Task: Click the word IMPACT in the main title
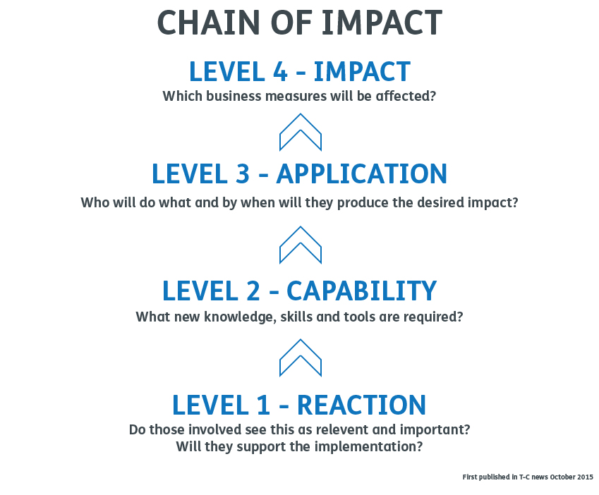[x=382, y=23]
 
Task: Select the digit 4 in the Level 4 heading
[x=280, y=71]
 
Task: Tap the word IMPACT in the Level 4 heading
[x=362, y=71]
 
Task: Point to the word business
[x=234, y=96]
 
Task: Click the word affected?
[x=406, y=96]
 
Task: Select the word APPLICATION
[x=361, y=174]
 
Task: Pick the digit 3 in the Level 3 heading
[x=243, y=174]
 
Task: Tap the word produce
[x=363, y=202]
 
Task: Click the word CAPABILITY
[x=361, y=291]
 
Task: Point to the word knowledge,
[x=241, y=317]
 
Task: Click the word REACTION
[x=361, y=405]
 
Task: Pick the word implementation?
[x=369, y=446]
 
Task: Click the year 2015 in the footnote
[x=586, y=477]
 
